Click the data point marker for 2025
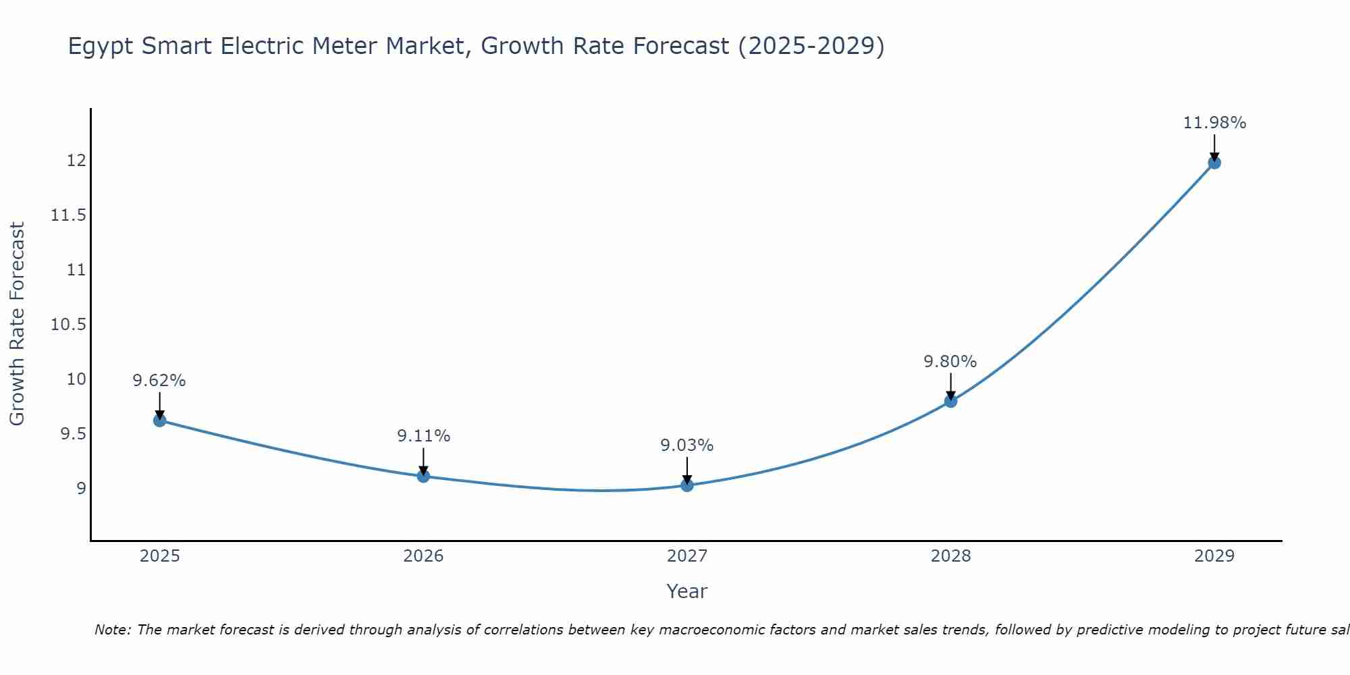(160, 421)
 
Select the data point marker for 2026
(423, 476)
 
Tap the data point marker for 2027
(687, 485)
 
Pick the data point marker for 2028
(950, 401)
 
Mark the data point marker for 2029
(1214, 163)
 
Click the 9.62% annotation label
(159, 381)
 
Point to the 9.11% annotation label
(423, 436)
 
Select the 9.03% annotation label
(687, 446)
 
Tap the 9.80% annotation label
(950, 362)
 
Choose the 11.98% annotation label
(1214, 123)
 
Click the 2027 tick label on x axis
(687, 556)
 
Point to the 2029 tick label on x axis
(1214, 556)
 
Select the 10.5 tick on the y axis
(69, 325)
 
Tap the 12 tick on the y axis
(76, 161)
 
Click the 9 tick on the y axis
(82, 488)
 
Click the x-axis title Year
(687, 591)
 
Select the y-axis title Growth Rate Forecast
(17, 324)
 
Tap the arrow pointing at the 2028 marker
(950, 387)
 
